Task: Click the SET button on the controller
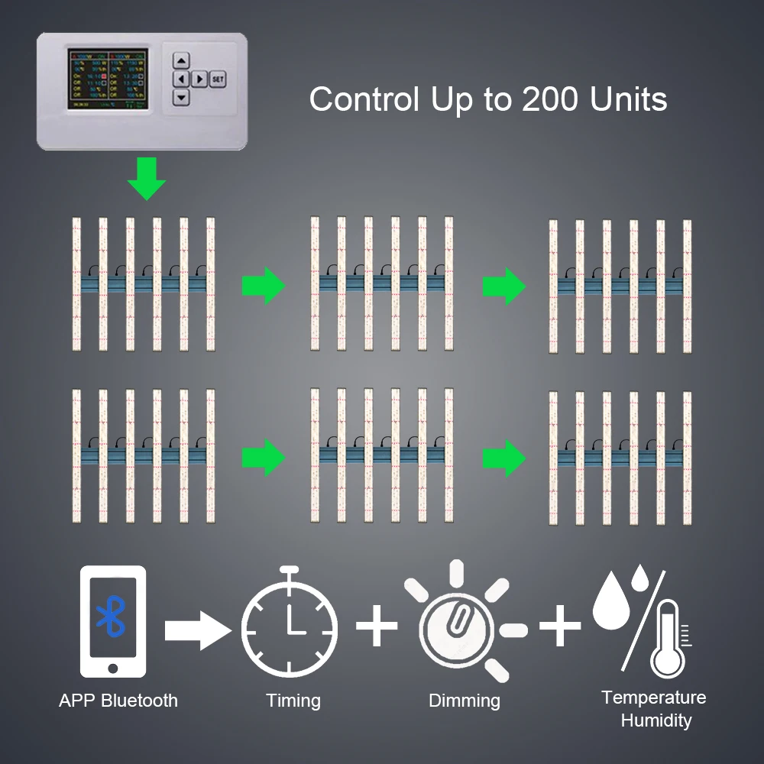(217, 79)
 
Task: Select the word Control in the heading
(364, 100)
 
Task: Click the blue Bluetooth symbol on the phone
(112, 617)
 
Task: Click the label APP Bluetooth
(118, 701)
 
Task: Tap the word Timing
(293, 701)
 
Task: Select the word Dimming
(465, 701)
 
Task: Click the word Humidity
(656, 720)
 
